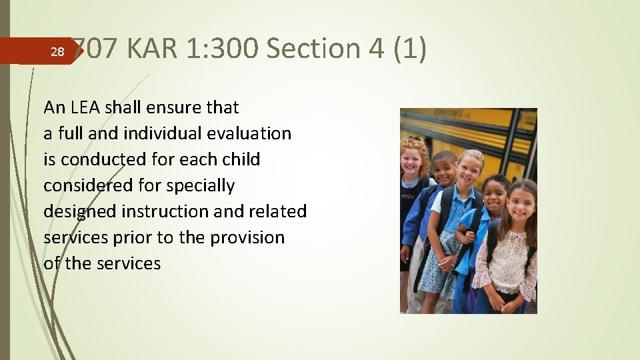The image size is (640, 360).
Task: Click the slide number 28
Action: pos(57,52)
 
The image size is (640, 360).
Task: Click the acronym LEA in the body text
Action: pos(84,107)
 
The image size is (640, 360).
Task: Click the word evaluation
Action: pos(250,133)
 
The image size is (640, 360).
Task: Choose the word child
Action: pos(243,159)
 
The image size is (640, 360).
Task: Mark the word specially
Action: pos(203,185)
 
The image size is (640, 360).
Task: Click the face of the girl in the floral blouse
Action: pos(521,204)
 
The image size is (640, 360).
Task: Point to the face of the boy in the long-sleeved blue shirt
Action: pos(444,171)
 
